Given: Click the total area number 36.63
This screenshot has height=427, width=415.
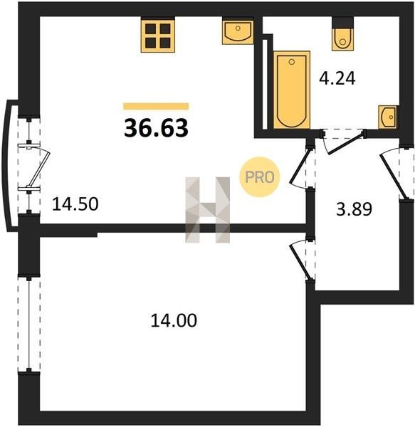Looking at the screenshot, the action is (156, 128).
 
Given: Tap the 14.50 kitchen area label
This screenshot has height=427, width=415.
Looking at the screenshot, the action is (75, 204).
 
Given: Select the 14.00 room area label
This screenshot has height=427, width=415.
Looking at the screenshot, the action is (174, 320).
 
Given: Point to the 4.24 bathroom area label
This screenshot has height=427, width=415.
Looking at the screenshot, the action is (337, 78).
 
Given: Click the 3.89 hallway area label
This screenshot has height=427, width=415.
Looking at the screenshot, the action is (354, 209).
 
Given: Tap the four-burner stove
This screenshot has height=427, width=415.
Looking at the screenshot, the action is (157, 35).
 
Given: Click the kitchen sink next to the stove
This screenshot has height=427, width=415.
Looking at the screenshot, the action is (238, 31).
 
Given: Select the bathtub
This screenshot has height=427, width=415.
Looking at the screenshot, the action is (292, 90).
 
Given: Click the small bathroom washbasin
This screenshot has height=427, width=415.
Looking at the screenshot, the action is (388, 117).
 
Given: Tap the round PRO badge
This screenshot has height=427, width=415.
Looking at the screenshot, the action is (260, 177).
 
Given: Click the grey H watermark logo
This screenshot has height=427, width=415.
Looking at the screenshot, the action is (208, 210).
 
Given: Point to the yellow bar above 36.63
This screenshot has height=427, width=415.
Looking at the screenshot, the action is (156, 106).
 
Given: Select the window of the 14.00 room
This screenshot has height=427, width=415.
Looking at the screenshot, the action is (29, 324).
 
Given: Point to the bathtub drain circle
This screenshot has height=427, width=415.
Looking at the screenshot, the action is (292, 62).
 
